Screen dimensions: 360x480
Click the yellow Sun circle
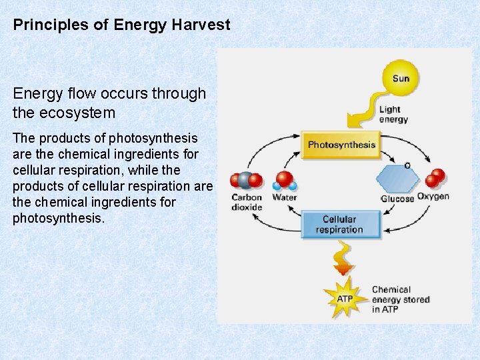click(x=400, y=78)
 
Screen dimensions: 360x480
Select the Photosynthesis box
click(x=341, y=145)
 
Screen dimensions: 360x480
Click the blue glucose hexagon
click(x=398, y=179)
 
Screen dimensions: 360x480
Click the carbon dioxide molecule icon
click(x=246, y=181)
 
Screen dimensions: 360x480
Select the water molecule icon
click(x=285, y=181)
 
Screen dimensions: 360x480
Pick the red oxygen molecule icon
click(x=435, y=178)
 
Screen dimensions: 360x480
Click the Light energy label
click(x=393, y=114)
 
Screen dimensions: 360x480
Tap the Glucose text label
click(x=397, y=199)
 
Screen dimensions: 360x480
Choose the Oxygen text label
click(x=433, y=197)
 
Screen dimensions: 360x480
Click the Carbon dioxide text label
click(x=247, y=202)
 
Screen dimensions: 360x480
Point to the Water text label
click(x=285, y=197)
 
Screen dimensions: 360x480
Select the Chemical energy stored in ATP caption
click(x=400, y=299)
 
